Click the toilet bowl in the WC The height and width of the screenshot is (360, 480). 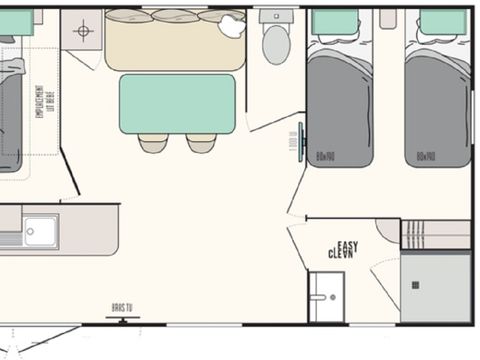[276, 45]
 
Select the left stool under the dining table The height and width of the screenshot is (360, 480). [153, 143]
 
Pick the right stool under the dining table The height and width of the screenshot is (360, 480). [200, 143]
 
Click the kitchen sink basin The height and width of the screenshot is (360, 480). [41, 231]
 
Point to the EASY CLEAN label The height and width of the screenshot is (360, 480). [344, 250]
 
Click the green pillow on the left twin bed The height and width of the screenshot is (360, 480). [335, 23]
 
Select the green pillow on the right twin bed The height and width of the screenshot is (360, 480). [442, 23]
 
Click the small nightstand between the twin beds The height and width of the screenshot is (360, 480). [388, 19]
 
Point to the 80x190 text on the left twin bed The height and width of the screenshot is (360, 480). [325, 155]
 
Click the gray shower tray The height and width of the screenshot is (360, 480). [435, 286]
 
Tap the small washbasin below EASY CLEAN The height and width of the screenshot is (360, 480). [324, 297]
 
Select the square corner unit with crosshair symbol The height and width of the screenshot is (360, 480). [82, 30]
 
